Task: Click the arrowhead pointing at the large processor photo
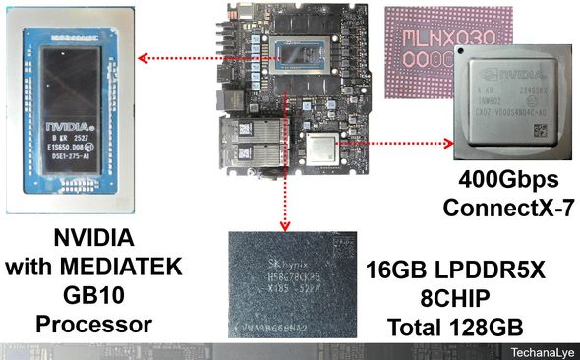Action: click(141, 57)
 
